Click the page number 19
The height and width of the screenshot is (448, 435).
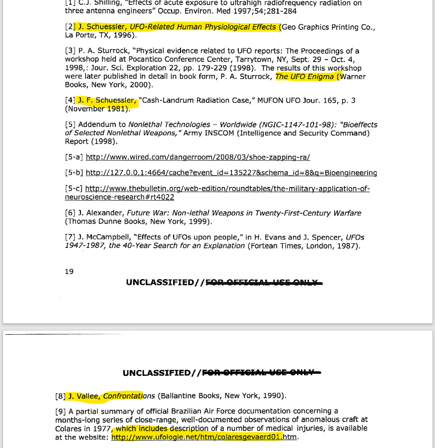69,272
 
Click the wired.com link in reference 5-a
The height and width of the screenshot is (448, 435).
198,157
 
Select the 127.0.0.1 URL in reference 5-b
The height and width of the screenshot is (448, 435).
231,173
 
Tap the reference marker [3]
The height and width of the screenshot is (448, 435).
70,51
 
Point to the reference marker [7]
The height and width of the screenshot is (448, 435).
70,237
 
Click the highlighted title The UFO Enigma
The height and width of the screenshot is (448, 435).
305,76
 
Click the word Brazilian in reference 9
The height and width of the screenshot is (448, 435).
176,411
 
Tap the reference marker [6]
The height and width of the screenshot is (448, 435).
70,213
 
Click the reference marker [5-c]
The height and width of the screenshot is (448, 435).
74,188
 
